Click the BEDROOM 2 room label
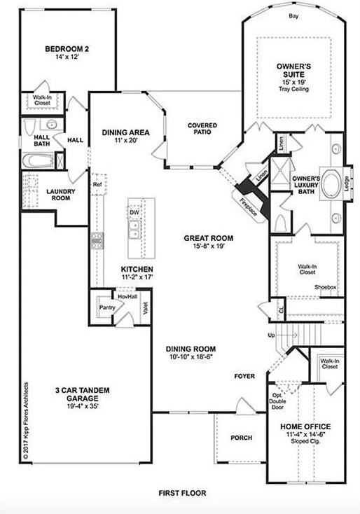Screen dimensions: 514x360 67,49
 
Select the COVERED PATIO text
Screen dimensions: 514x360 202,130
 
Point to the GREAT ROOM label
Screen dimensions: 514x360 209,238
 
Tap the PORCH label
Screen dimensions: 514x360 241,438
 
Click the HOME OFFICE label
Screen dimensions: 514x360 305,426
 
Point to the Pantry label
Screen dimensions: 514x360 106,307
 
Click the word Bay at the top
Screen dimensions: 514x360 293,15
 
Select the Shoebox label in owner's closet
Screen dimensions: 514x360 325,287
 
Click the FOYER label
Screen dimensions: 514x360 245,376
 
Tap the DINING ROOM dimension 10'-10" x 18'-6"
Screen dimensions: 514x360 191,357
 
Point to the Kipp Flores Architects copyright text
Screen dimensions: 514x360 25,420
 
